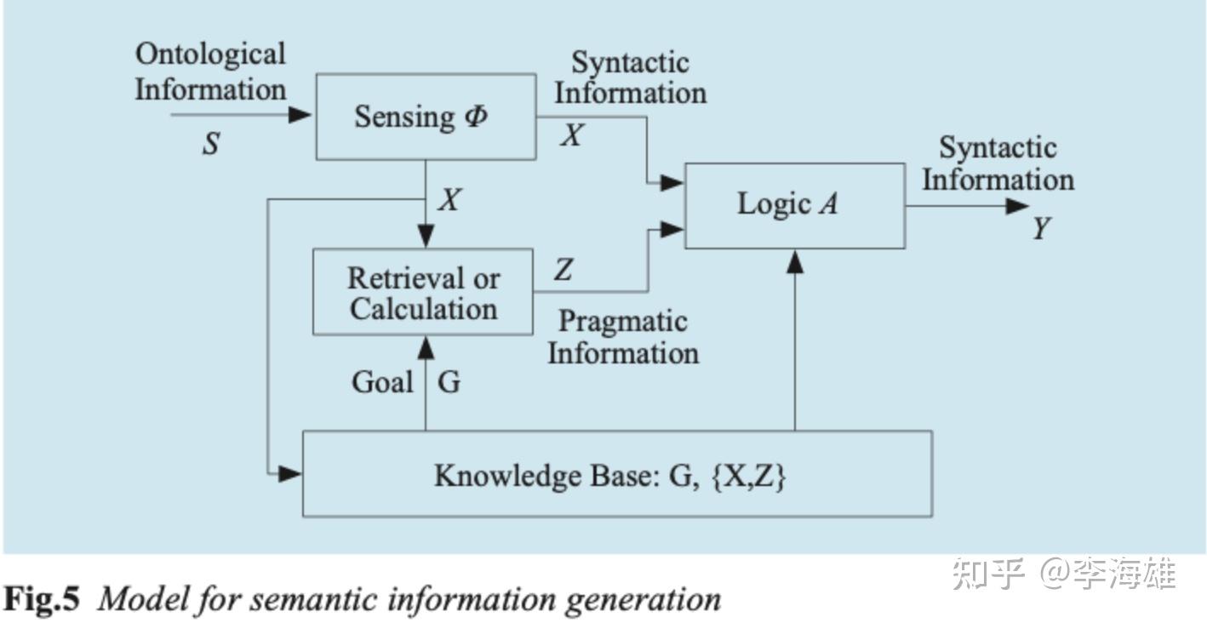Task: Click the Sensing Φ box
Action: (x=426, y=117)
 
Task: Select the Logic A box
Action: (x=794, y=205)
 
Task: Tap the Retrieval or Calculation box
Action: (x=423, y=292)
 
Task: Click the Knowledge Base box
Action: (x=617, y=474)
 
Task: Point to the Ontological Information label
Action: (x=210, y=71)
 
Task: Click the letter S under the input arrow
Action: (x=210, y=144)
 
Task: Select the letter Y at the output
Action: (x=1041, y=229)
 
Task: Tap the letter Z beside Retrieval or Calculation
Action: (x=563, y=271)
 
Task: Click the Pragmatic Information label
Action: (x=623, y=337)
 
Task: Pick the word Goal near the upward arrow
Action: (x=382, y=382)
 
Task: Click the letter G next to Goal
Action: (x=449, y=382)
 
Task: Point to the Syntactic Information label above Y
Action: (x=998, y=163)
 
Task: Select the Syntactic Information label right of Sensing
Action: (x=630, y=77)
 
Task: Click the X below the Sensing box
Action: (x=449, y=200)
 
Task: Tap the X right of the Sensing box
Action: (x=571, y=135)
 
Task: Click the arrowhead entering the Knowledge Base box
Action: (x=291, y=473)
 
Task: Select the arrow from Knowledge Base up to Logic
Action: (x=794, y=340)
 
